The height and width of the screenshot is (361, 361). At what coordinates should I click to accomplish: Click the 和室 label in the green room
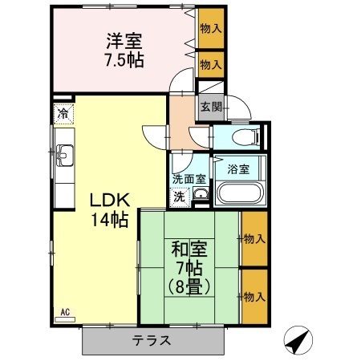point(189,249)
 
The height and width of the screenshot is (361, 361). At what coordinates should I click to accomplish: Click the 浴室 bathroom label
point(238,169)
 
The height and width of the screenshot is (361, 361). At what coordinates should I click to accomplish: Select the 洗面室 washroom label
point(189,180)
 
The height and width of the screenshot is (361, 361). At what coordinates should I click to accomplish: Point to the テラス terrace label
point(152,339)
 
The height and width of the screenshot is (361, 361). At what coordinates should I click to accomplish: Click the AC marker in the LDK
point(65,310)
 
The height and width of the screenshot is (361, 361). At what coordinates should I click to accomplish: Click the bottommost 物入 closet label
point(254,297)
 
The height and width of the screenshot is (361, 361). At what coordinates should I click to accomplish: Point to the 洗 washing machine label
point(180,196)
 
